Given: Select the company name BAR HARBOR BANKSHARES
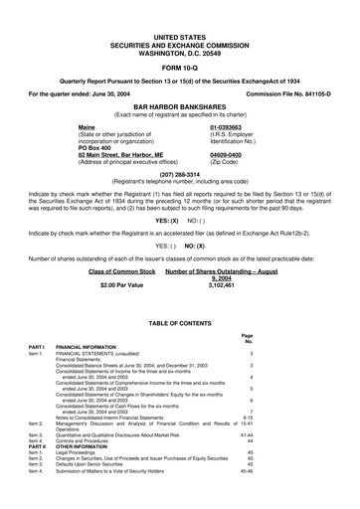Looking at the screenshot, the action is (180, 102).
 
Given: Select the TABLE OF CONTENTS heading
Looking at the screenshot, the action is (180, 324).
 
